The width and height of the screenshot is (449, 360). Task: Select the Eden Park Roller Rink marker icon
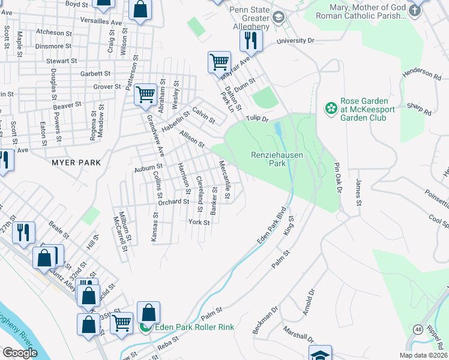145,327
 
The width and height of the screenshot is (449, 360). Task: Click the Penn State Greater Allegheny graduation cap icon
278,17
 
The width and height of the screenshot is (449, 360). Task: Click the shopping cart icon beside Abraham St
145,94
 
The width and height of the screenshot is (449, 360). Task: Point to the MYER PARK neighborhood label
76,163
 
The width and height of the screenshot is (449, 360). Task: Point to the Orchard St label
174,202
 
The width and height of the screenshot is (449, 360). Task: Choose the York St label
199,222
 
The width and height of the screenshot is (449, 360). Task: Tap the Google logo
20,353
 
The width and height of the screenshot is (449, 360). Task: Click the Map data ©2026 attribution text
423,355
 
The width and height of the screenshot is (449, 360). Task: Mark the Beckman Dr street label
265,321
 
